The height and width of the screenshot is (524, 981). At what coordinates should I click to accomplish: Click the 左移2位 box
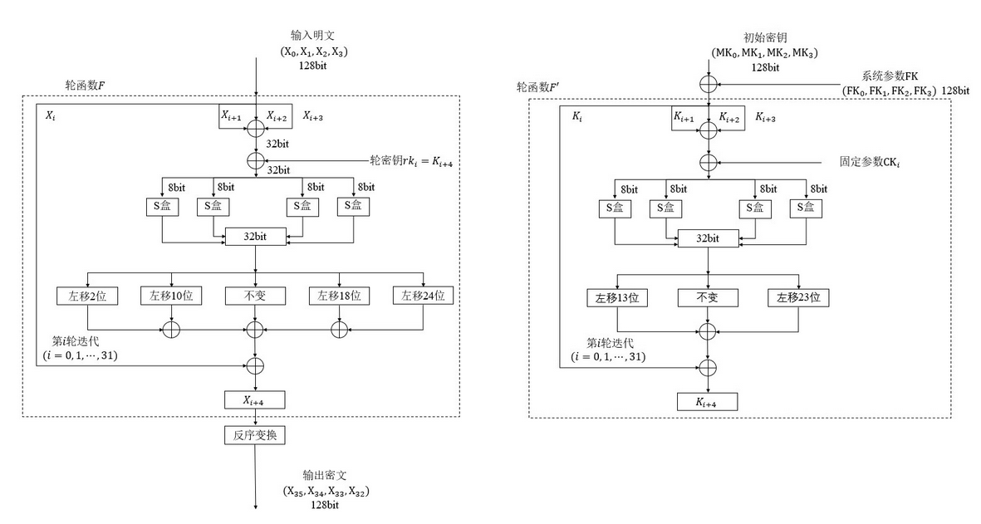[87, 295]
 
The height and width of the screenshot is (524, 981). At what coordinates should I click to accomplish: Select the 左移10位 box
[171, 295]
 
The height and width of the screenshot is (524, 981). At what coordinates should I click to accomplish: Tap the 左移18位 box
[339, 295]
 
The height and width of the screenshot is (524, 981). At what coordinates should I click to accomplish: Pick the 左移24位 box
[424, 295]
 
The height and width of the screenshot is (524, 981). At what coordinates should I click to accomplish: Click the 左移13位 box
[616, 296]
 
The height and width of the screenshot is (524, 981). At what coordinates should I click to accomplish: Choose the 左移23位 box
[798, 296]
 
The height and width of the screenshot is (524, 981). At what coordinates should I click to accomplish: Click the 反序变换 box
[255, 434]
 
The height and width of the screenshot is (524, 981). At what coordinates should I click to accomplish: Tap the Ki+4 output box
[708, 403]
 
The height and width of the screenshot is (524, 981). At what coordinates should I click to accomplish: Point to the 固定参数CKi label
[871, 162]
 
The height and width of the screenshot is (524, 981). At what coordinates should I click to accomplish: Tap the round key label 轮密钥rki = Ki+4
[412, 159]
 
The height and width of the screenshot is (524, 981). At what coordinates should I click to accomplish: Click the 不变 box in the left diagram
[255, 295]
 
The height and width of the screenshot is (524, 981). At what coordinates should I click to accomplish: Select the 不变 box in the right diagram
[708, 296]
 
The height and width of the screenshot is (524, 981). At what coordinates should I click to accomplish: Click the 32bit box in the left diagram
[255, 237]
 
